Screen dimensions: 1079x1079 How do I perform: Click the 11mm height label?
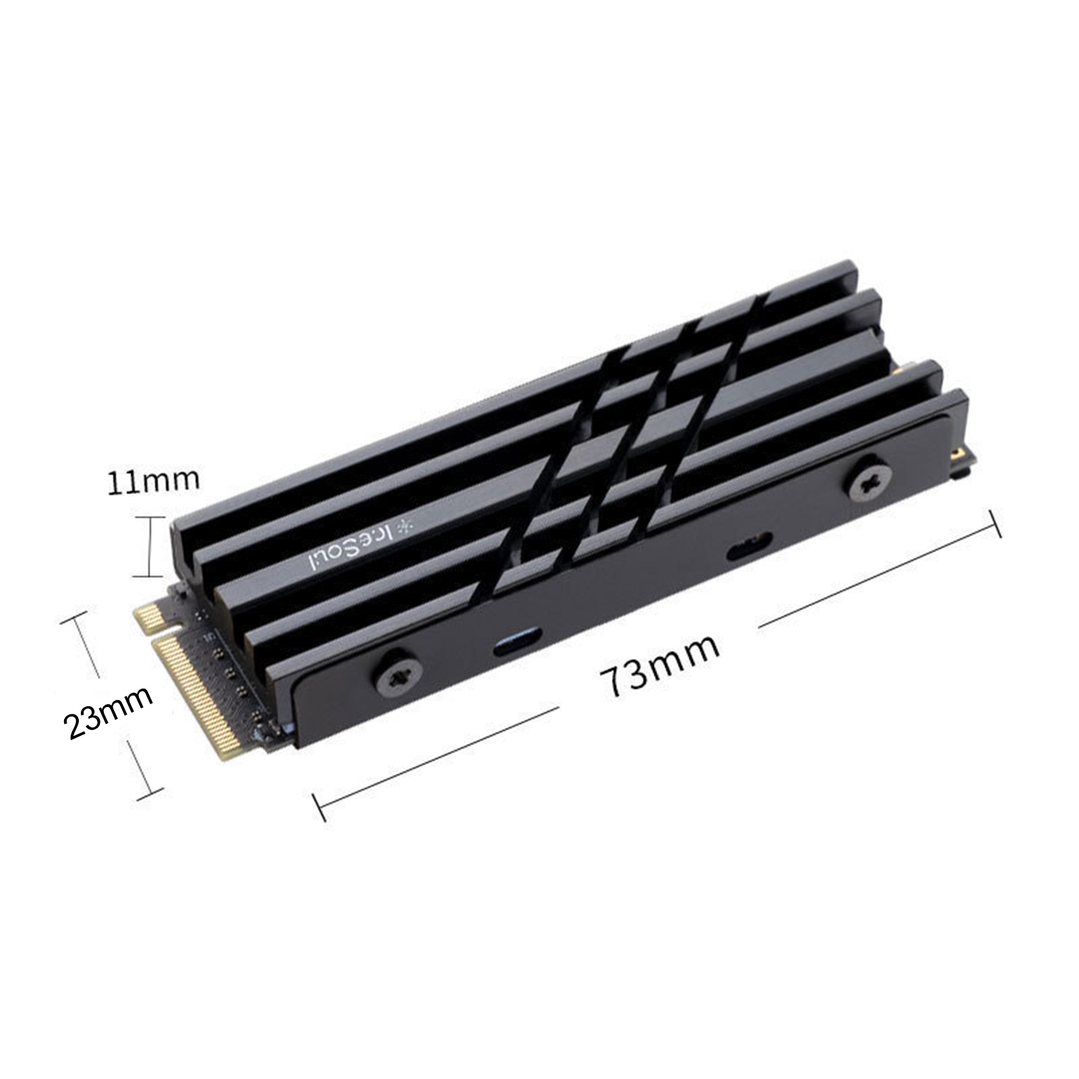154,480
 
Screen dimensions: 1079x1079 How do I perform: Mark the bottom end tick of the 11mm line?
149,576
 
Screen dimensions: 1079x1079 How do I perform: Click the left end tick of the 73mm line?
319,807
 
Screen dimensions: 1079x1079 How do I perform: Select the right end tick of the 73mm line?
994,524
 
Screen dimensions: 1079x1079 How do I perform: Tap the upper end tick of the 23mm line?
75,619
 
